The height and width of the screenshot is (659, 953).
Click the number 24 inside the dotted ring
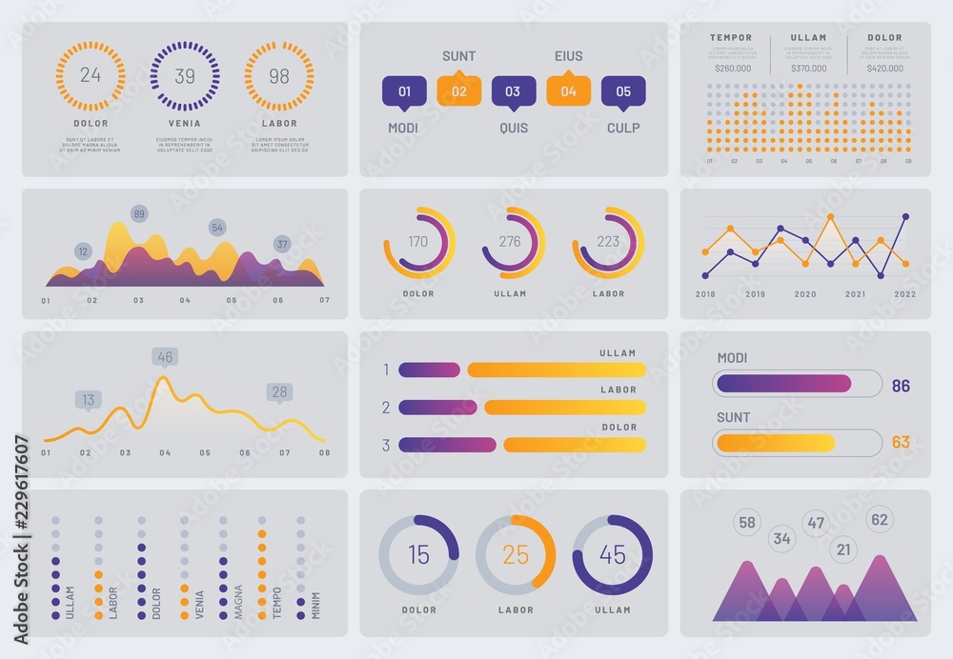click(x=90, y=76)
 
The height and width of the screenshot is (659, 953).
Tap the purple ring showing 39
click(x=184, y=76)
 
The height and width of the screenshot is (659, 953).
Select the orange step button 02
click(x=458, y=91)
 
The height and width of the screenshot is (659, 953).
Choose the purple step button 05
click(x=623, y=91)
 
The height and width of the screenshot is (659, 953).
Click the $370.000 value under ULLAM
click(x=808, y=68)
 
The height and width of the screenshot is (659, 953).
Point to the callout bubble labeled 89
click(x=139, y=213)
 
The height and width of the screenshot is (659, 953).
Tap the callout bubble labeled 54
click(x=217, y=228)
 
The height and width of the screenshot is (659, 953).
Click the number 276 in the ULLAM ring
click(x=510, y=242)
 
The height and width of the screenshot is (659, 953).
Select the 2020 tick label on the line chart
click(x=805, y=294)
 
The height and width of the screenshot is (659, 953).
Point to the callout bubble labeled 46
click(x=165, y=357)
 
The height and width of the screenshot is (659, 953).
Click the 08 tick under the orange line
click(x=324, y=453)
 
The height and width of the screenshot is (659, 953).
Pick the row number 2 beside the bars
click(x=386, y=408)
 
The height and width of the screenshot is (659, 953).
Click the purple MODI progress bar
click(x=783, y=384)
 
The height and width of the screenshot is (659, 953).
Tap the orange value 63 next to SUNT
click(x=901, y=443)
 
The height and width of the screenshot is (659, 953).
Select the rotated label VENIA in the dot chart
click(x=199, y=606)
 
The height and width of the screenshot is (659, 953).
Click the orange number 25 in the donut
click(x=515, y=555)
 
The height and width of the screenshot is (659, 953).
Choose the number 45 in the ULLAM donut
click(x=612, y=555)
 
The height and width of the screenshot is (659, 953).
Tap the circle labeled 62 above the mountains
click(x=879, y=520)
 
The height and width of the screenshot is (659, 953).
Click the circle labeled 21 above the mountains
click(x=842, y=549)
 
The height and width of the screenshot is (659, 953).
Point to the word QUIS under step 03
click(x=513, y=128)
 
